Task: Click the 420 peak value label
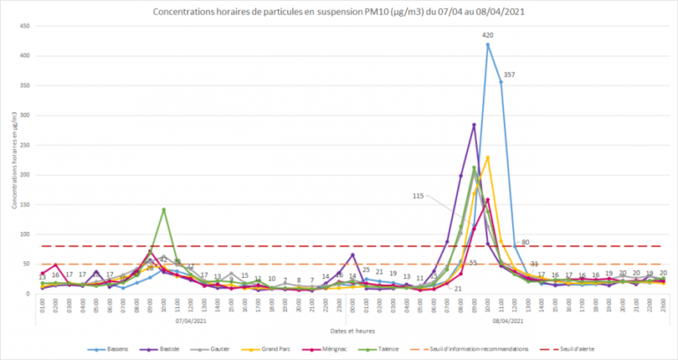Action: (x=487, y=35)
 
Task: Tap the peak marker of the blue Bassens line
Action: (x=487, y=45)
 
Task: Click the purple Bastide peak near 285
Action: (x=474, y=125)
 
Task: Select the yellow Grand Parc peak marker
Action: (x=487, y=158)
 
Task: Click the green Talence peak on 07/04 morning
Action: (x=163, y=209)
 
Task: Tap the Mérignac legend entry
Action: (x=356, y=348)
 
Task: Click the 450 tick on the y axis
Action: (x=28, y=27)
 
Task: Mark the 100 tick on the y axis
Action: (x=28, y=235)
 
